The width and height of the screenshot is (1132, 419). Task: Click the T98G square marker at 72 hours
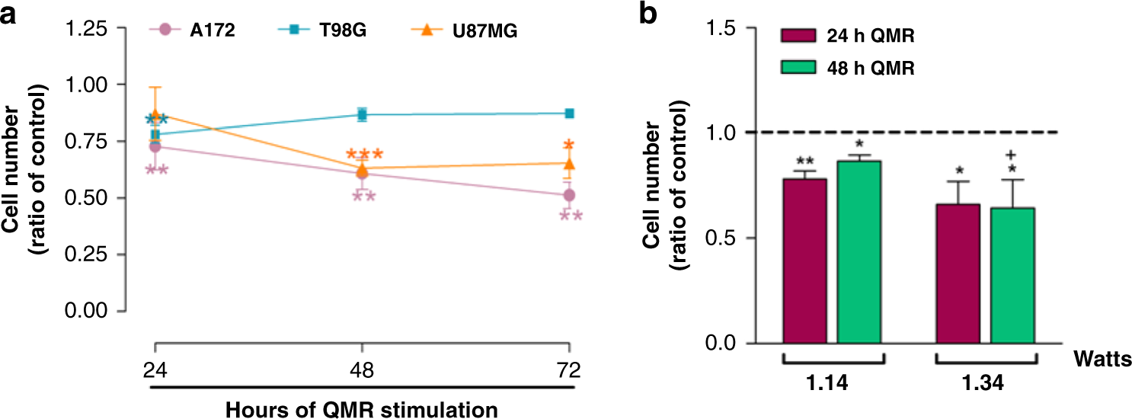point(568,113)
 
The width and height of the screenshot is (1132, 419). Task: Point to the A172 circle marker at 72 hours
point(568,196)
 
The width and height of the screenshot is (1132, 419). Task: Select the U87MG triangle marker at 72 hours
point(568,164)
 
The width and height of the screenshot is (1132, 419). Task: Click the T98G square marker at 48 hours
point(362,114)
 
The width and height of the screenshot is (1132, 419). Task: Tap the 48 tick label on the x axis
point(362,371)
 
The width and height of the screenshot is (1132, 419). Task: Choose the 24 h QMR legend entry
point(846,36)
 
